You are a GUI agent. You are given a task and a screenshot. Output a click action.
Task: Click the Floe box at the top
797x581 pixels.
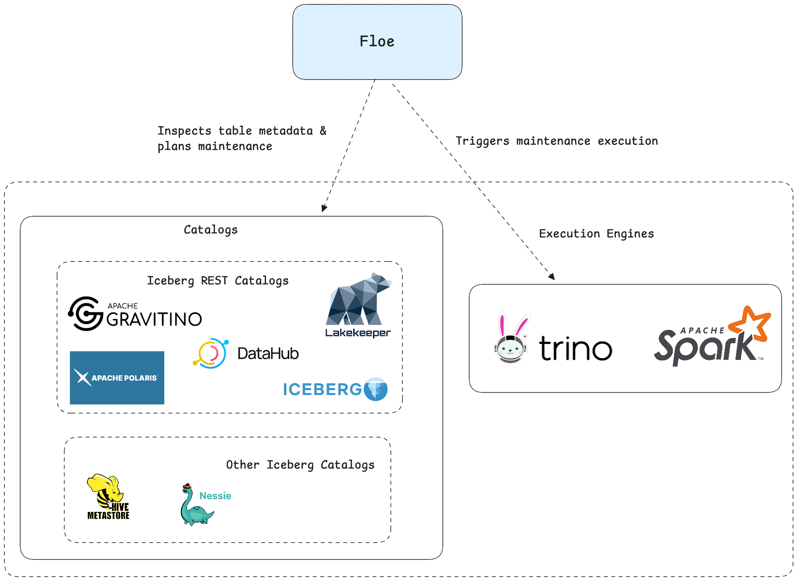[377, 42]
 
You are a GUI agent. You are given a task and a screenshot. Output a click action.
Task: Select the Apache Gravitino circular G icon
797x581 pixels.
[86, 313]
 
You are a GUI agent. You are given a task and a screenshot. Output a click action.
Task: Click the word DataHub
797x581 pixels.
[268, 354]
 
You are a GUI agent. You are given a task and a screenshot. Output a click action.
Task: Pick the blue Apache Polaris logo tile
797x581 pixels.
[117, 378]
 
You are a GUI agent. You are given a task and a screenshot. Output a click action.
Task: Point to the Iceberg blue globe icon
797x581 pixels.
[376, 389]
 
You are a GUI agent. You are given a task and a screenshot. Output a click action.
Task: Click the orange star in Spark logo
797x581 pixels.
[750, 324]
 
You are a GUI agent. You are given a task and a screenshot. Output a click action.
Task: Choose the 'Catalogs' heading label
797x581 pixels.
[211, 230]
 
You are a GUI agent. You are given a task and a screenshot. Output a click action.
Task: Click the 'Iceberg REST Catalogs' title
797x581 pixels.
[218, 281]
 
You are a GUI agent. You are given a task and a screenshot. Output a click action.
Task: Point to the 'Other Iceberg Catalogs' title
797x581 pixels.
[300, 465]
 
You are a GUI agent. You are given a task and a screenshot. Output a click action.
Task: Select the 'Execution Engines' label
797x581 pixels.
[596, 234]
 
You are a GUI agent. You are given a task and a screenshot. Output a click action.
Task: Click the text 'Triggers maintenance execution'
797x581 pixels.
[556, 141]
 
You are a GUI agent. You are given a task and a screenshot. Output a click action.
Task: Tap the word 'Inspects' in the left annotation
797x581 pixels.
[184, 131]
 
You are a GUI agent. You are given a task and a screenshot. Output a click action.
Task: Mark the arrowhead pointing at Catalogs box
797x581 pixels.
[324, 208]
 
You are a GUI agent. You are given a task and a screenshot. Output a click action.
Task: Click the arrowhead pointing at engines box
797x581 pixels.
[552, 276]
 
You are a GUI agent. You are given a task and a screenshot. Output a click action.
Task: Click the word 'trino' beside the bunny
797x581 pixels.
[575, 349]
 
